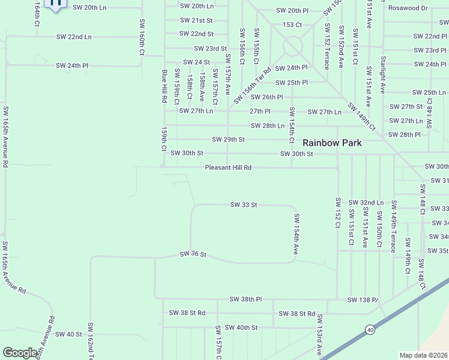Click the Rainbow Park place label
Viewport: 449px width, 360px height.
[349, 143]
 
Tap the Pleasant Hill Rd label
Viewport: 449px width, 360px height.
[228, 168]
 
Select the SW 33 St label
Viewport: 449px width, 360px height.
[244, 205]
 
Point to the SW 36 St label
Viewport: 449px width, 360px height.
[193, 255]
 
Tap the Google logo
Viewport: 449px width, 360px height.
[20, 353]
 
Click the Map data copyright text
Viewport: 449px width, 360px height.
[423, 355]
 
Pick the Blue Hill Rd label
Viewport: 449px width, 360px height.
[164, 86]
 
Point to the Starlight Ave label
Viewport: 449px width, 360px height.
[382, 75]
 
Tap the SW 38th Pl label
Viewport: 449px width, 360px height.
[246, 299]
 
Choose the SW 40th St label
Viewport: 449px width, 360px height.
[237, 328]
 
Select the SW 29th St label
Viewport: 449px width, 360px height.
[228, 140]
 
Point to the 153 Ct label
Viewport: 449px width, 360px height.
[292, 25]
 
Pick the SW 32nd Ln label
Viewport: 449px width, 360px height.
[366, 203]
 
